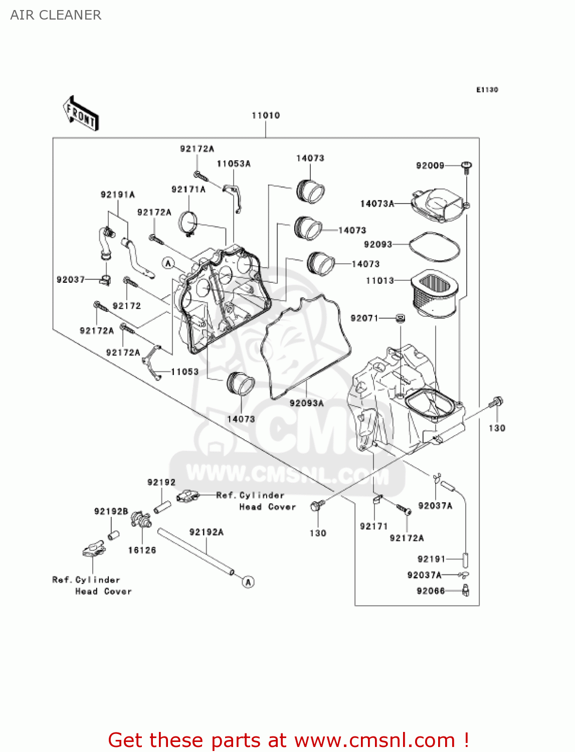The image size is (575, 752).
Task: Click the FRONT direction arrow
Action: coord(81,114)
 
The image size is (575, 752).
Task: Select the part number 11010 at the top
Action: coord(266,116)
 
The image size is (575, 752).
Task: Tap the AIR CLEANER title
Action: coord(56,15)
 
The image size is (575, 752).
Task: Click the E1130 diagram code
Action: coord(487,90)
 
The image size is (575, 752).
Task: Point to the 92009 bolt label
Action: coord(430,166)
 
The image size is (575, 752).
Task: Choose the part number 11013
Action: coord(380,281)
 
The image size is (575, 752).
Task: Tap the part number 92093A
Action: coord(307,403)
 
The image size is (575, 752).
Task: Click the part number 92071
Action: coord(364,318)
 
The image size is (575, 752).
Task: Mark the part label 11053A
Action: coord(234,164)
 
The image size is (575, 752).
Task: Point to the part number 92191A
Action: coord(118,195)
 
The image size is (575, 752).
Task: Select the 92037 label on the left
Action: coord(71,280)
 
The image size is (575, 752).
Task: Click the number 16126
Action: coord(142,550)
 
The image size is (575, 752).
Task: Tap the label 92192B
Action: coord(111,511)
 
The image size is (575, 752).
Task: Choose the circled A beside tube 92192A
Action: coord(248,582)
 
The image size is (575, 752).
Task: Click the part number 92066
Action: coord(431,591)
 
